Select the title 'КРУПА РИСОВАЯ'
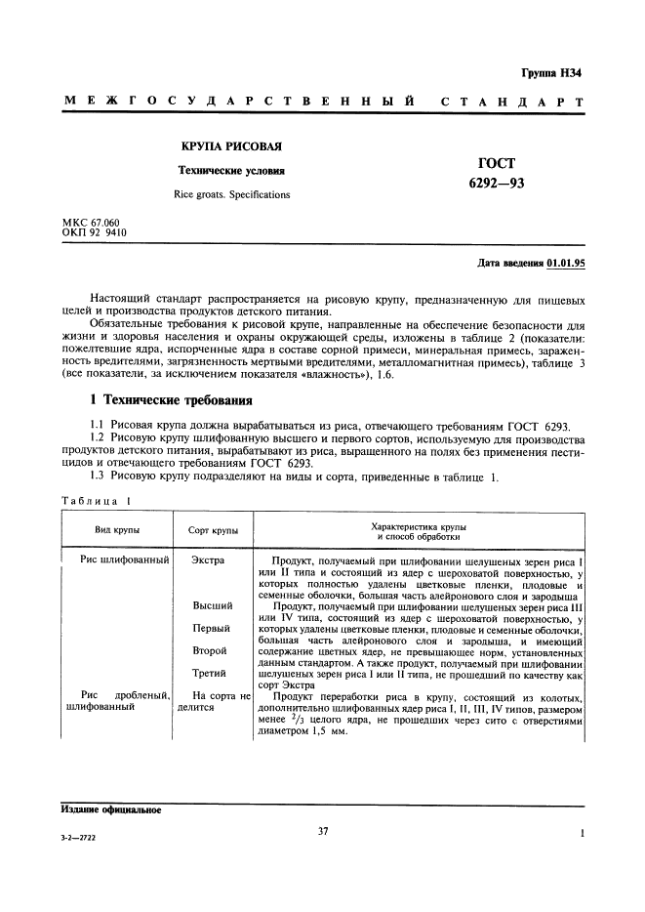click(x=231, y=146)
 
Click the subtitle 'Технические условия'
click(x=231, y=170)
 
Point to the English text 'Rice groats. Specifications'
click(x=231, y=194)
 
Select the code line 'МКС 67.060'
click(x=91, y=224)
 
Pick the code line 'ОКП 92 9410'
click(x=94, y=233)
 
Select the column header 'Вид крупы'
click(x=116, y=530)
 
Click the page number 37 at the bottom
click(x=322, y=832)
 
